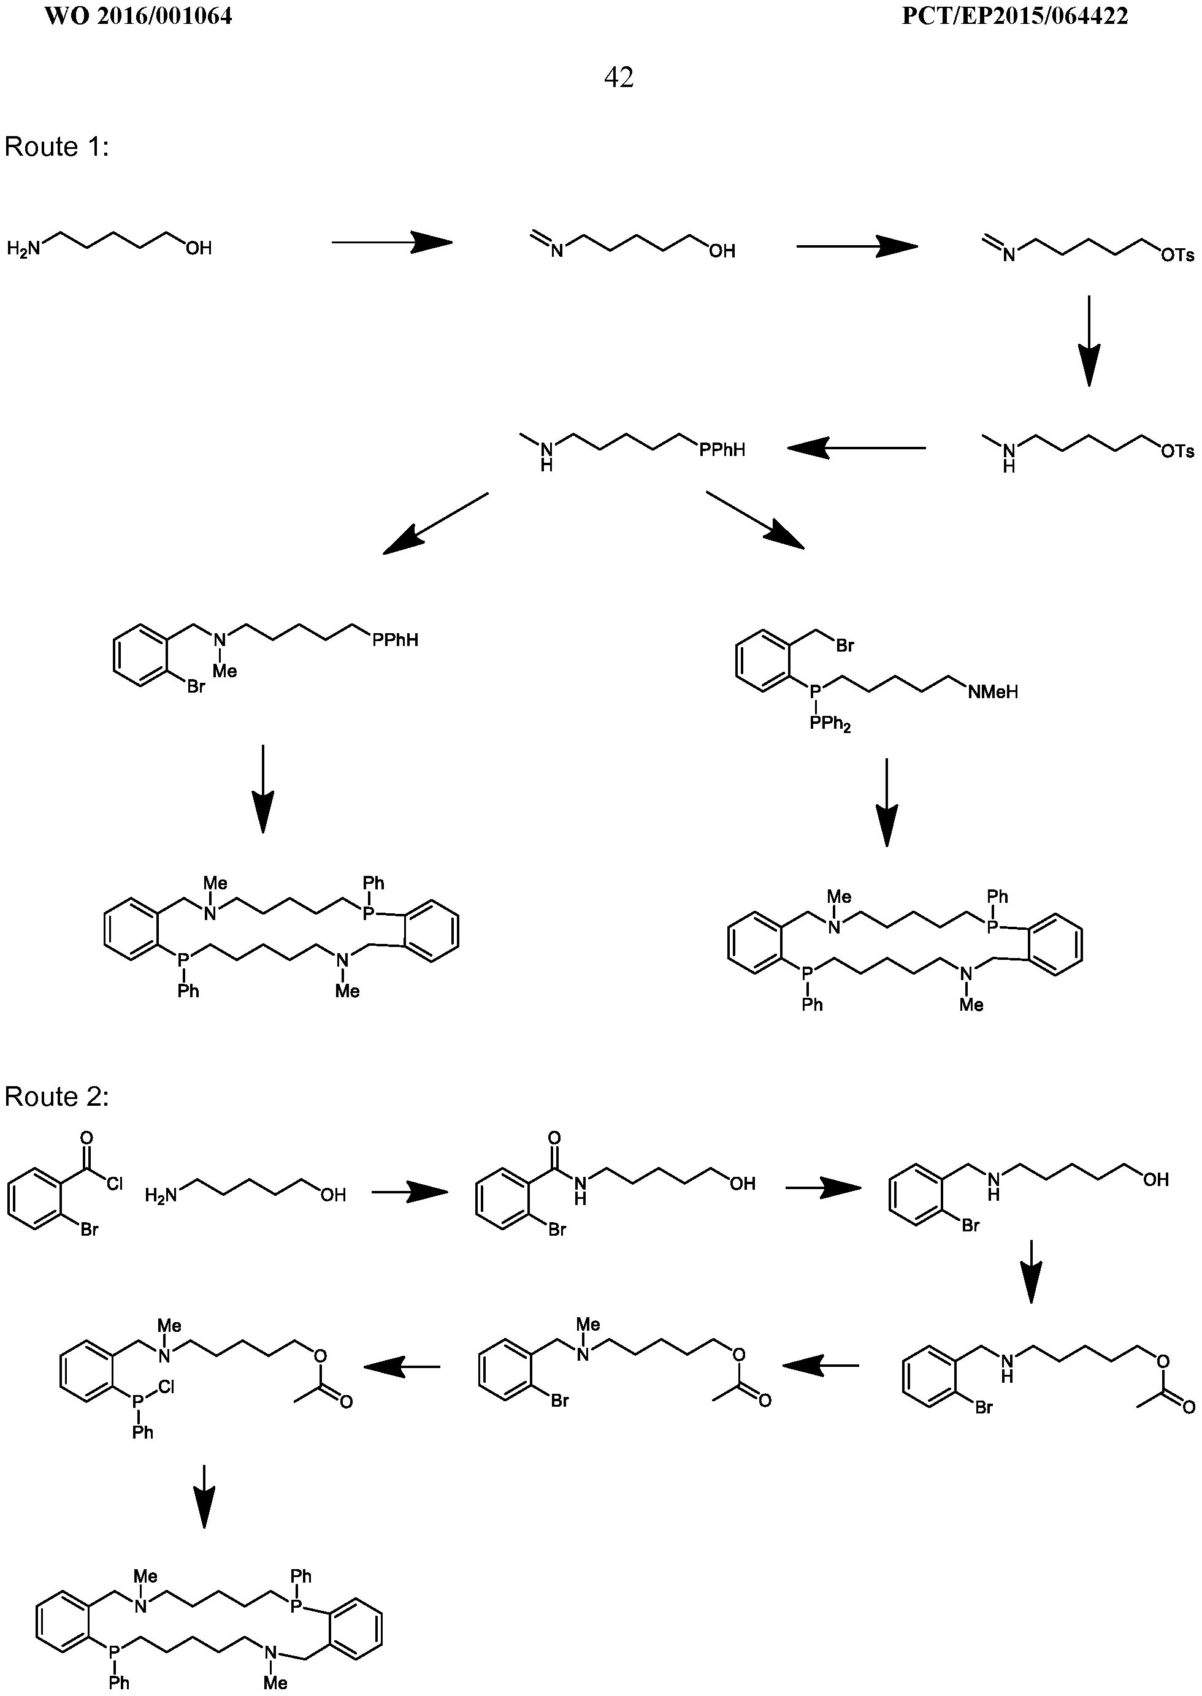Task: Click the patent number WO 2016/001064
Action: click(x=139, y=17)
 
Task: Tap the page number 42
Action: click(x=619, y=77)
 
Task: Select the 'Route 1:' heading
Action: click(x=57, y=146)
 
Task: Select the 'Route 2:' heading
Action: click(x=57, y=1097)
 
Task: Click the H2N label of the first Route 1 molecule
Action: click(x=25, y=248)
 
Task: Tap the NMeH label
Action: click(x=992, y=691)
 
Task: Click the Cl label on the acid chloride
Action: click(x=115, y=1185)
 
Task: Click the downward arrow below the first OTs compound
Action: click(x=1089, y=341)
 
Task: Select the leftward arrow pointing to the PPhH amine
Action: click(x=856, y=447)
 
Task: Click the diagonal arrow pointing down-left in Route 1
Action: click(x=435, y=523)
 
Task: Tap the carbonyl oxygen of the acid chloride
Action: click(x=87, y=1139)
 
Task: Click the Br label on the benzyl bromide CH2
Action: click(x=845, y=645)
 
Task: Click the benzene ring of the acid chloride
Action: click(x=35, y=1200)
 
